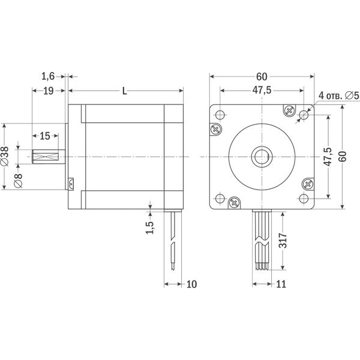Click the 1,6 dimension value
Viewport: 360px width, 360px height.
click(48, 76)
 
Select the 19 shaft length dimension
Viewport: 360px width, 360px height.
click(49, 91)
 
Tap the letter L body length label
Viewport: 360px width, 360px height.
click(124, 91)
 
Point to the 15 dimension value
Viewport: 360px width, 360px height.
click(45, 136)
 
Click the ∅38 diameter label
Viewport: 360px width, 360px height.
click(5, 156)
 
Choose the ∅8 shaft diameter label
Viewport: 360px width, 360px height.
click(18, 181)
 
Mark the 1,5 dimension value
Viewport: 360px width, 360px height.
click(149, 227)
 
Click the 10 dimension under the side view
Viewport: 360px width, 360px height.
click(191, 284)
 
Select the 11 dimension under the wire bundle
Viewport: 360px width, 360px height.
click(281, 284)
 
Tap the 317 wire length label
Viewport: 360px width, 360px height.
click(283, 241)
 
